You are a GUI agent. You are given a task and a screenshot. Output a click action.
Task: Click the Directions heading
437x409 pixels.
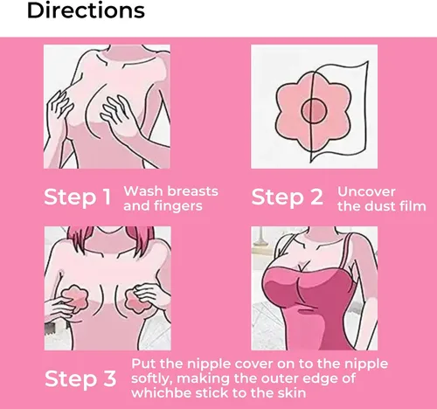[x=86, y=10]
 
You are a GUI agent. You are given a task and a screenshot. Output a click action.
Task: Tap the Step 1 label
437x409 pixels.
[x=78, y=198]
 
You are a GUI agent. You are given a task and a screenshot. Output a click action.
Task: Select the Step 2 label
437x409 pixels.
[x=288, y=198]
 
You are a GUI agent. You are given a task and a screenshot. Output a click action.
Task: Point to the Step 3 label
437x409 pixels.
[x=80, y=379]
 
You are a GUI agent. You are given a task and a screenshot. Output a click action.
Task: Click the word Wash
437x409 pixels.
[x=142, y=191]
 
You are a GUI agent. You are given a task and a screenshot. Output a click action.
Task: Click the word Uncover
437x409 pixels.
[x=366, y=191]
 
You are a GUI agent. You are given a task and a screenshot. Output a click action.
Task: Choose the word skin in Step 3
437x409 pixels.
[x=293, y=392]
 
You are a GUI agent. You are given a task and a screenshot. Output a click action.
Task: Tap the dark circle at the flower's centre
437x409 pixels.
[x=314, y=110]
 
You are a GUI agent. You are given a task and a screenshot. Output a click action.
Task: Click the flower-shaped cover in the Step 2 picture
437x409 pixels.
[x=312, y=111]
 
